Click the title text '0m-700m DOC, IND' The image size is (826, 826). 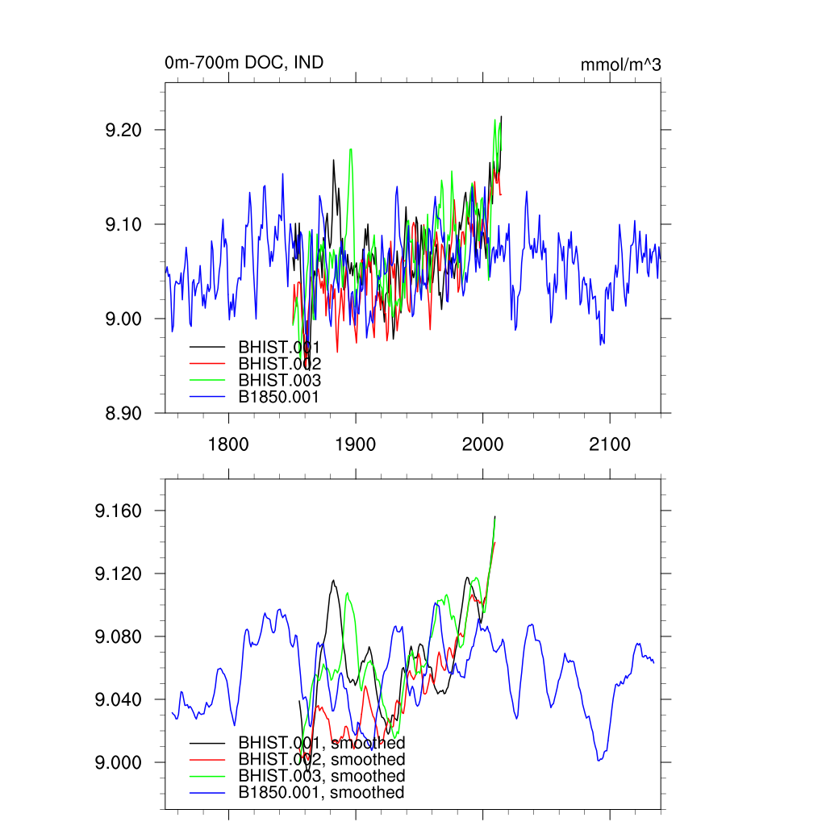(x=244, y=62)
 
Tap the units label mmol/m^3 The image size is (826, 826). (x=620, y=65)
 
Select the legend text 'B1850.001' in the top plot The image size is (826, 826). (x=279, y=398)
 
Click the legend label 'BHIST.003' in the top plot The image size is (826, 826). (x=279, y=381)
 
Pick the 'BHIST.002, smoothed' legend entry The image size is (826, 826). (x=321, y=759)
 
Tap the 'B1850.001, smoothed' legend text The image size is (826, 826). (x=321, y=793)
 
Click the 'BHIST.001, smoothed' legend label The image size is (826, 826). (x=321, y=742)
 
